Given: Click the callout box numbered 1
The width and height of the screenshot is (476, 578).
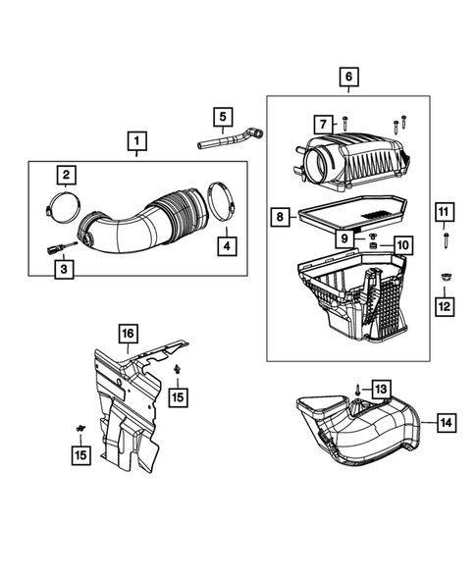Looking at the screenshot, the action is [x=136, y=141].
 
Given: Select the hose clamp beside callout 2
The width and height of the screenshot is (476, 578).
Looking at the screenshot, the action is [x=63, y=206].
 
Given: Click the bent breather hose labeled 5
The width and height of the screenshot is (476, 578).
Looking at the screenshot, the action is [x=231, y=138].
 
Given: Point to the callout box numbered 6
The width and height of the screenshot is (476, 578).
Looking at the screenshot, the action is [x=348, y=78].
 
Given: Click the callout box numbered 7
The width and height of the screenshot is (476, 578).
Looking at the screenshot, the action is [x=323, y=125].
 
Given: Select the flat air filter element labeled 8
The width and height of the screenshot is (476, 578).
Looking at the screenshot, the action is [x=353, y=213].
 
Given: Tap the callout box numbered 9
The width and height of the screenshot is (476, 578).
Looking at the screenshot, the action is [x=344, y=238].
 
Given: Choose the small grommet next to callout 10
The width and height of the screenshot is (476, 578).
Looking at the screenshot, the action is [x=374, y=245].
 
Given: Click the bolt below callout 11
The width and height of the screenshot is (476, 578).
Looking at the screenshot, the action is [x=447, y=240].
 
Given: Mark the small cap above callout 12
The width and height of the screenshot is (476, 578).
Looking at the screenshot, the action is [x=445, y=277].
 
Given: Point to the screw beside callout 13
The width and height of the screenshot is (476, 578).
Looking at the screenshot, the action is [x=357, y=390].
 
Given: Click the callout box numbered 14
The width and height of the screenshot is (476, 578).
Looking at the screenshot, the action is [x=447, y=423].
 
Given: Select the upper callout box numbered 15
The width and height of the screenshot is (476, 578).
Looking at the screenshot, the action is [x=178, y=397].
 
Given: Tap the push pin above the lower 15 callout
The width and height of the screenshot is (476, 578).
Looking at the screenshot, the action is [x=80, y=428].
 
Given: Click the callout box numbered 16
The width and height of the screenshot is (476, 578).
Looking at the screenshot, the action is [x=128, y=334].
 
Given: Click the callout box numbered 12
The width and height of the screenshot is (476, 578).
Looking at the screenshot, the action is [x=445, y=307].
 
